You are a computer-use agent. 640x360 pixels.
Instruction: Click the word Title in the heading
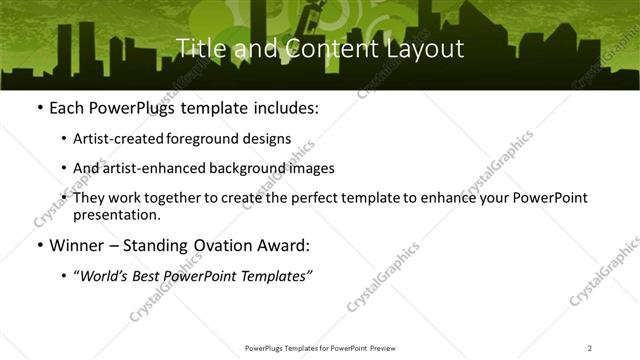pos(197,48)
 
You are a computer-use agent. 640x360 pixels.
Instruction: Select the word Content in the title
pos(319,48)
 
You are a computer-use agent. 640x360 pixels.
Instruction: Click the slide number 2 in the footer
pos(589,348)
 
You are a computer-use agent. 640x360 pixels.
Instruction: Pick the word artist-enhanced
pos(150,168)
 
